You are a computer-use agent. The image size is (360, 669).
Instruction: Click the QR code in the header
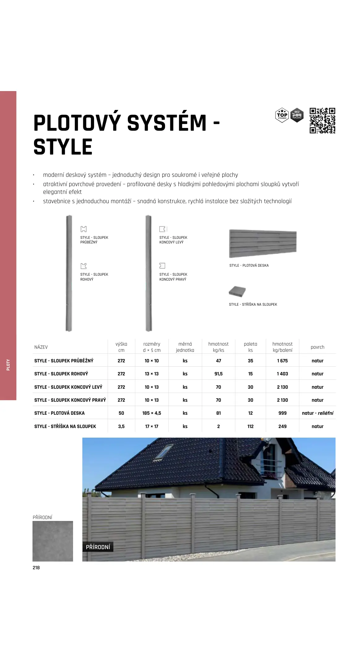pyautogui.click(x=322, y=120)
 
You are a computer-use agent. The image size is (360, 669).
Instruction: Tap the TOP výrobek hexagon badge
pyautogui.click(x=282, y=115)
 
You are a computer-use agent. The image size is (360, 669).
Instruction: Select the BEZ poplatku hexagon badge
pyautogui.click(x=297, y=115)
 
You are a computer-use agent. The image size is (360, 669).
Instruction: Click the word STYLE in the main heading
pyautogui.click(x=63, y=147)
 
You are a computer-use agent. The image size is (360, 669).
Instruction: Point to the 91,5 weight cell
pyautogui.click(x=218, y=374)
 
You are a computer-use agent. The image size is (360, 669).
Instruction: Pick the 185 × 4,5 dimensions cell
pyautogui.click(x=152, y=413)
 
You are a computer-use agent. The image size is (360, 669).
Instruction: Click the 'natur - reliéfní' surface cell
pyautogui.click(x=317, y=413)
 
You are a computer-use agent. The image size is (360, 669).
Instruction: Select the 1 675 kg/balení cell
pyautogui.click(x=282, y=361)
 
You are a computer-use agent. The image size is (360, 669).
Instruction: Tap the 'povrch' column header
pyautogui.click(x=317, y=347)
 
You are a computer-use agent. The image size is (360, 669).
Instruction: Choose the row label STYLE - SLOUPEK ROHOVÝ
pyautogui.click(x=61, y=374)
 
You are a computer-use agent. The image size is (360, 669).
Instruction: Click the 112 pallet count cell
pyautogui.click(x=250, y=426)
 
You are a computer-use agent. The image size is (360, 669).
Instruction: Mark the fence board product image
pyautogui.click(x=262, y=244)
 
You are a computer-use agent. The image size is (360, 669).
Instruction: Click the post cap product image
pyautogui.click(x=237, y=291)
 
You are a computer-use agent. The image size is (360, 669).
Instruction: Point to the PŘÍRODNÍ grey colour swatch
pyautogui.click(x=53, y=541)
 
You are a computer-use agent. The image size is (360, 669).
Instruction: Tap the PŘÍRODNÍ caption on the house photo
pyautogui.click(x=98, y=547)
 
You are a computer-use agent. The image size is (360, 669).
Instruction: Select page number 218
pyautogui.click(x=36, y=568)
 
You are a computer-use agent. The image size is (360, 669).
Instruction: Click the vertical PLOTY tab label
pyautogui.click(x=8, y=365)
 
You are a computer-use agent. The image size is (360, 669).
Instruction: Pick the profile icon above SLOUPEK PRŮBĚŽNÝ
pyautogui.click(x=84, y=229)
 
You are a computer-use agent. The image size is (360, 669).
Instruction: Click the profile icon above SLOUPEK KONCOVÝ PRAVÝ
pyautogui.click(x=162, y=266)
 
